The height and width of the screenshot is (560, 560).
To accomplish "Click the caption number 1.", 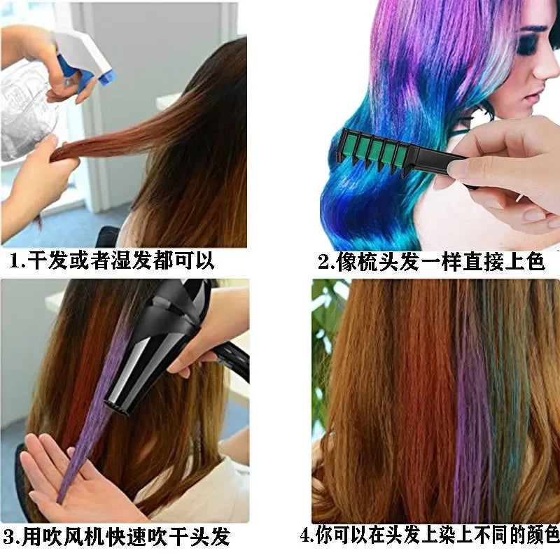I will coord(15,262).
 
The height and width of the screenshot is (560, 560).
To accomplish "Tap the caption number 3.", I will coord(10,538).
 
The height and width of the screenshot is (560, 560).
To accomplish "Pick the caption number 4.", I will coord(306,536).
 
